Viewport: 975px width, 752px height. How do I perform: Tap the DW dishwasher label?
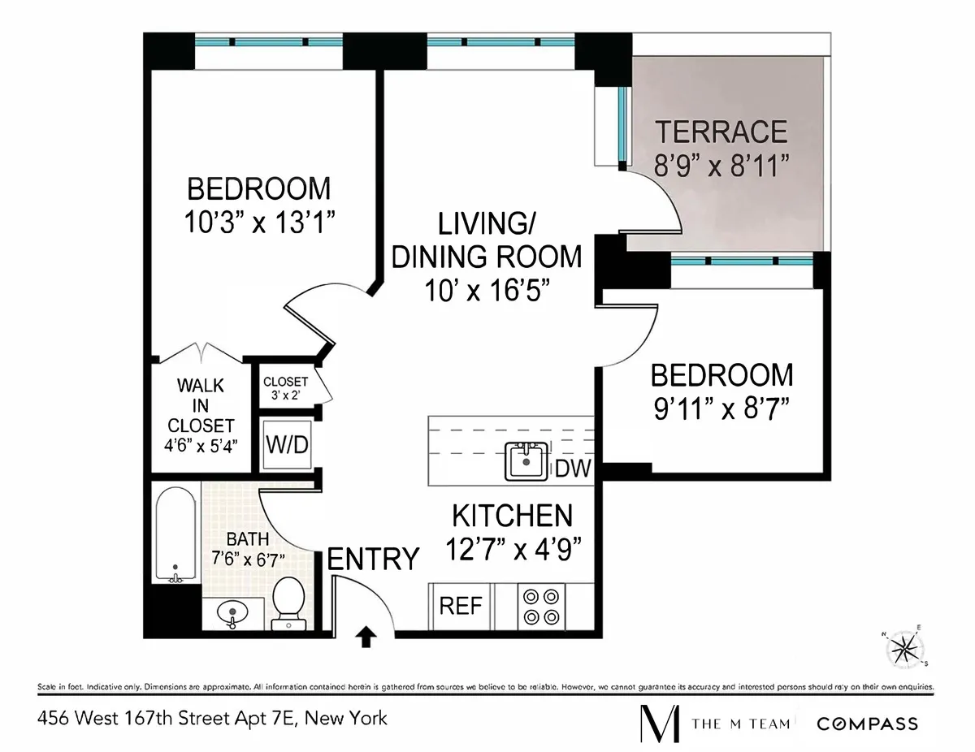574,469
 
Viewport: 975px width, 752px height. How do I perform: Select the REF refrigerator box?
461,606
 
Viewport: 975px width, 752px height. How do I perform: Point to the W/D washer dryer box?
284,445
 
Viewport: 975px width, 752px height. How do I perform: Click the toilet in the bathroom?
286,603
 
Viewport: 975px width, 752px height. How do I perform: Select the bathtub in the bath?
175,534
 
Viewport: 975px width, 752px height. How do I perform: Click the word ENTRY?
373,560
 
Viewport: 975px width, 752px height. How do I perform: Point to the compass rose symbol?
903,647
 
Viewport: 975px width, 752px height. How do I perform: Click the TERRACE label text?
721,131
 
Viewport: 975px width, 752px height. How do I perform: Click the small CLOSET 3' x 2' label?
284,387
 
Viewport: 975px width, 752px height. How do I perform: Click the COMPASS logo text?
867,724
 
